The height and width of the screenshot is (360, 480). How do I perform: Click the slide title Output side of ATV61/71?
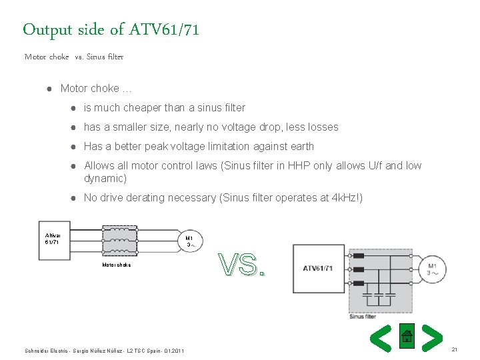111,29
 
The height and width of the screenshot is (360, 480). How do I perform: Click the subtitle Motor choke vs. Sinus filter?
74,57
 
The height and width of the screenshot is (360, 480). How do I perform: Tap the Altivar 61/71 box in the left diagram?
53,239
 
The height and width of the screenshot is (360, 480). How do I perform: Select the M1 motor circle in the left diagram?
189,241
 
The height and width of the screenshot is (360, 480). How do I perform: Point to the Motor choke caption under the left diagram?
116,265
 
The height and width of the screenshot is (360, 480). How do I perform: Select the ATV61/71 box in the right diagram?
318,268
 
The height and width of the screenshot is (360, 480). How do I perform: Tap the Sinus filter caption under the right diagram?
363,317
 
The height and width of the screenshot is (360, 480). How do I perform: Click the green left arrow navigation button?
380,338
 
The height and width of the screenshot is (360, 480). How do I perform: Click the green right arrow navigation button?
433,338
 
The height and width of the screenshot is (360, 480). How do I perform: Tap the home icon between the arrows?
407,337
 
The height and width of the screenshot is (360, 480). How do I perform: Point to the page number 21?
455,349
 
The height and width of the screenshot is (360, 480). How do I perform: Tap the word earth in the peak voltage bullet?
301,146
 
